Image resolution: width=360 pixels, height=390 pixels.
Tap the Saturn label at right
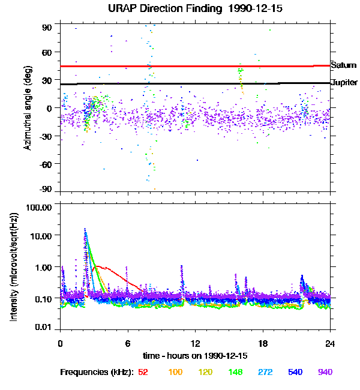343,64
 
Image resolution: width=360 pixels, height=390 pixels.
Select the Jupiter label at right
344,82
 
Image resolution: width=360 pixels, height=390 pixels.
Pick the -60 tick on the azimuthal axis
46,163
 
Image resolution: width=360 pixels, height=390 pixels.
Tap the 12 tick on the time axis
195,344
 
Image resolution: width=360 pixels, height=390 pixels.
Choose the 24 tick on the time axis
330,344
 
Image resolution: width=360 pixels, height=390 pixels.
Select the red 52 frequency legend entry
143,372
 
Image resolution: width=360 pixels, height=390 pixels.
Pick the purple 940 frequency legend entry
325,372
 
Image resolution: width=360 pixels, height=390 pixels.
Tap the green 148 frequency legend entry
235,372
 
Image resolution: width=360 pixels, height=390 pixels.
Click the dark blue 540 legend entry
295,372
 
